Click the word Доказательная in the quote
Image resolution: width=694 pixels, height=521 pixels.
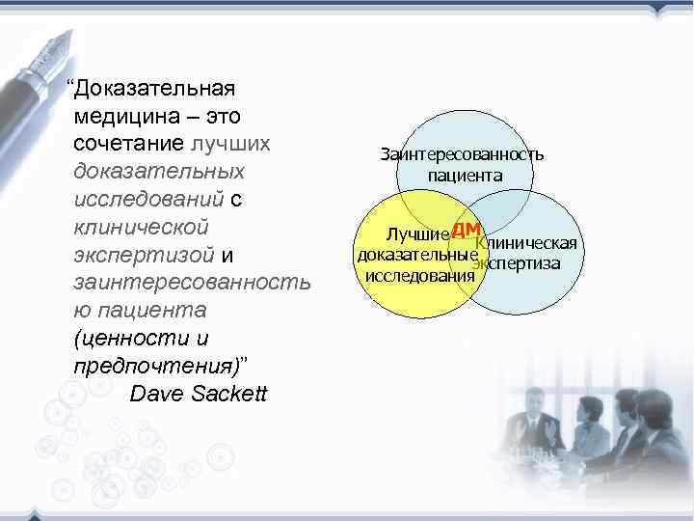click(155, 89)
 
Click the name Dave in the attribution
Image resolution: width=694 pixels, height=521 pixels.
click(155, 395)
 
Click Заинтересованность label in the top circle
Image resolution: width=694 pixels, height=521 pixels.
click(462, 154)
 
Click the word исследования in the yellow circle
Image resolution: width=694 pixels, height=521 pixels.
click(419, 275)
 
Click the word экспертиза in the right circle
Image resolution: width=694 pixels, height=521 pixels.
click(518, 263)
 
